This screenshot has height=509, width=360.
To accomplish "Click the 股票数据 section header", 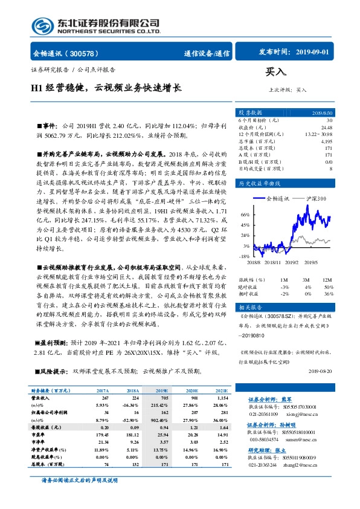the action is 250,112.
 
